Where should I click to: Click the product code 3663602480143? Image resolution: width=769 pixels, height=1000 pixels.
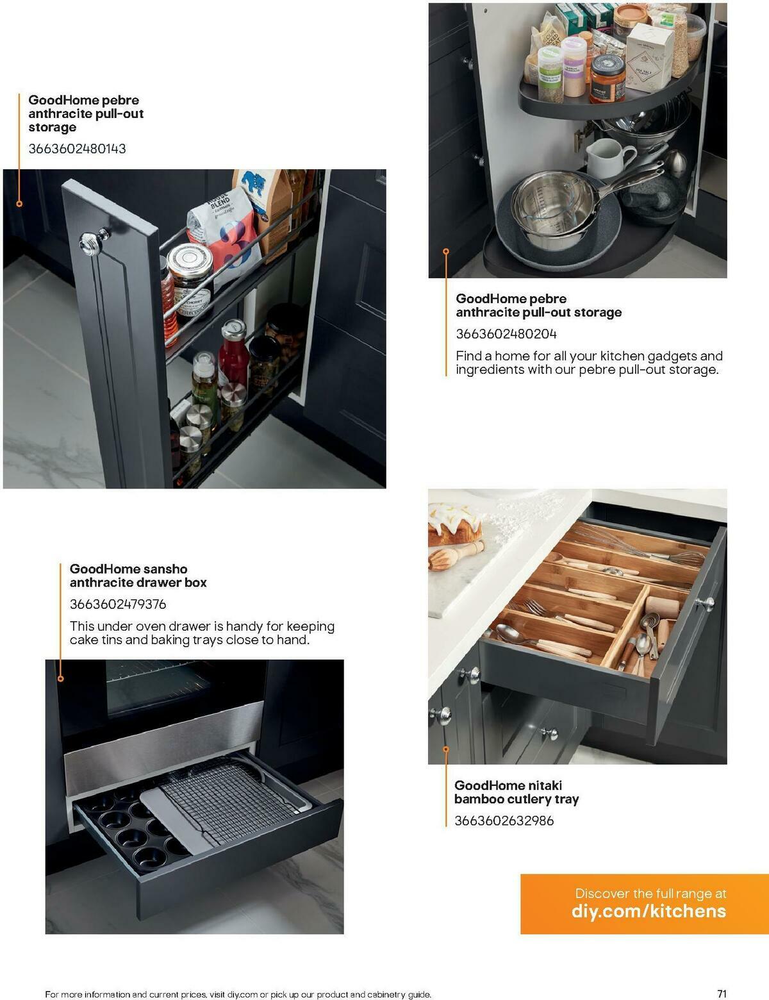click(x=77, y=149)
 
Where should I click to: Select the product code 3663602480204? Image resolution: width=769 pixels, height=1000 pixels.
click(x=506, y=334)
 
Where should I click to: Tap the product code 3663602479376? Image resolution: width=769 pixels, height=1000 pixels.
click(x=118, y=604)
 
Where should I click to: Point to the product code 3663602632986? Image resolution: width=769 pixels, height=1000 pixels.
click(x=504, y=821)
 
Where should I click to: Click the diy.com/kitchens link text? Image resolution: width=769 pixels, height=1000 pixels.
click(x=649, y=912)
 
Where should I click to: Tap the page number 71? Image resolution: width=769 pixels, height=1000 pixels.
click(x=722, y=994)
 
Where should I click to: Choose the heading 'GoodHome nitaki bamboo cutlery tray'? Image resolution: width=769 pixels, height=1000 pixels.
click(x=517, y=792)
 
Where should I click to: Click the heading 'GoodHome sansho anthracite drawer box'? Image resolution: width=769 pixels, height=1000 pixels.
click(x=138, y=576)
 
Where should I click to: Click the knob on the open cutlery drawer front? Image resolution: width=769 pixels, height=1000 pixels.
click(x=708, y=603)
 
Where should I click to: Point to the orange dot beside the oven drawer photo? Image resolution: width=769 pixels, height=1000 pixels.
click(x=61, y=678)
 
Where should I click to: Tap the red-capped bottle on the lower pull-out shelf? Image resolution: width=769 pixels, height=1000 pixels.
click(x=233, y=356)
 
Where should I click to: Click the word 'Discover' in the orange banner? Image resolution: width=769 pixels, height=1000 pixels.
click(x=602, y=893)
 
